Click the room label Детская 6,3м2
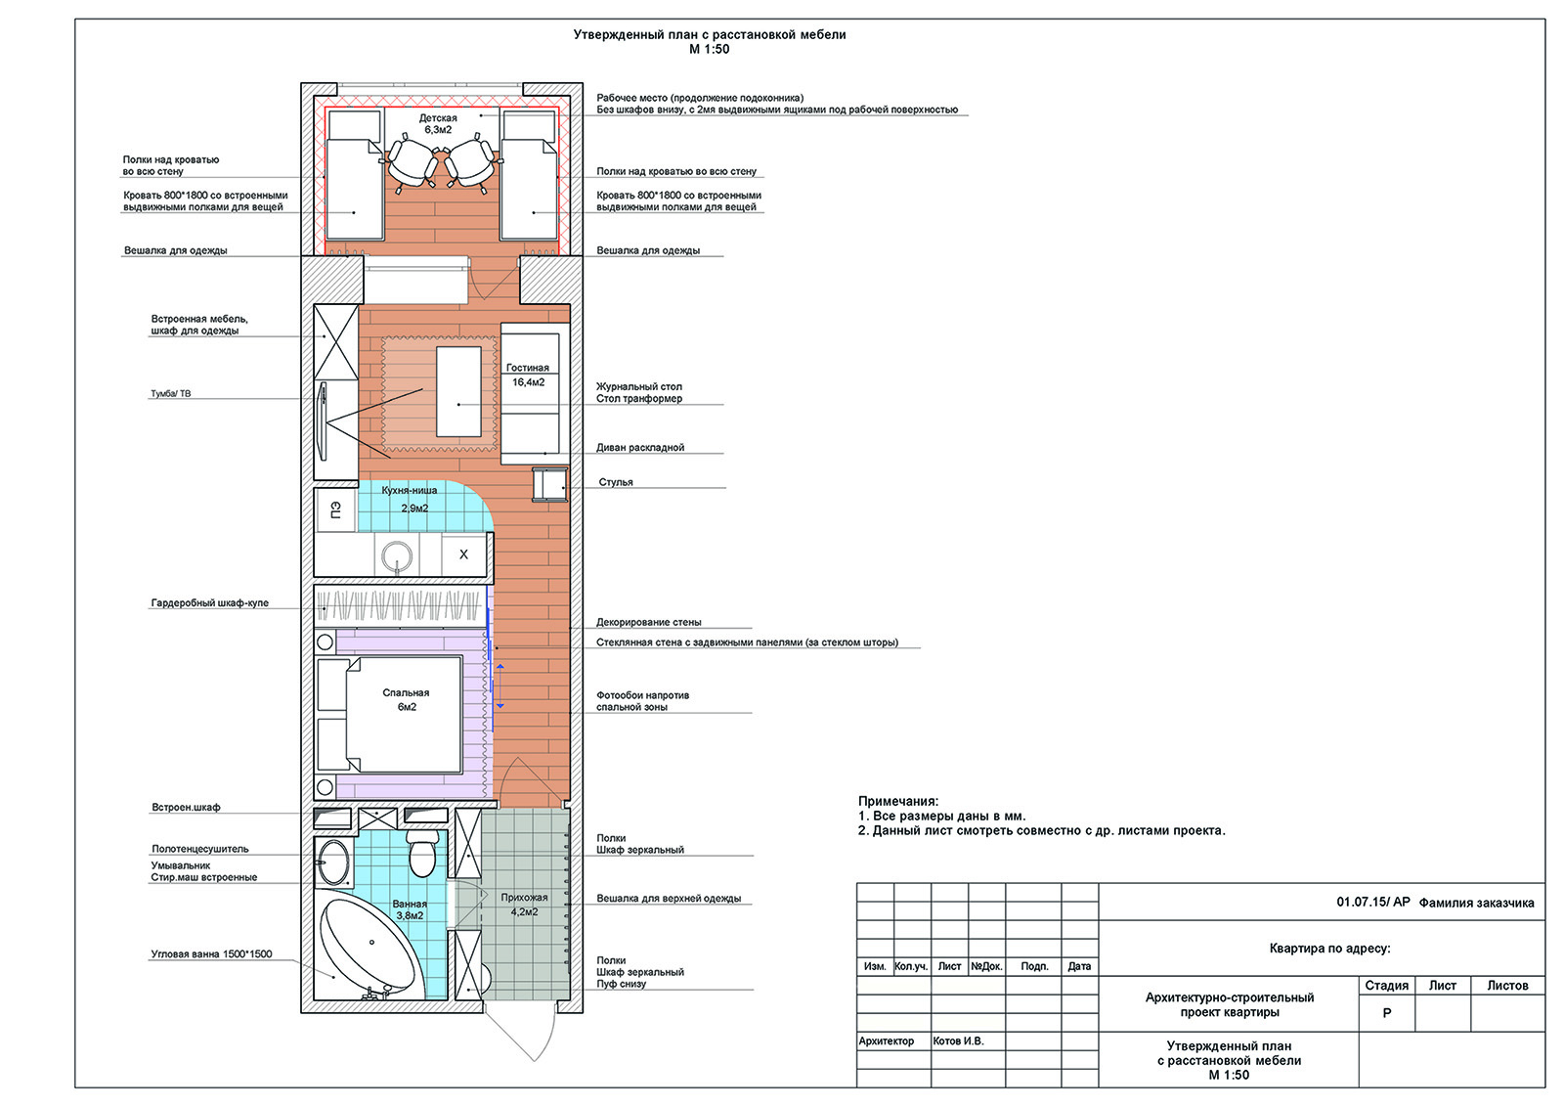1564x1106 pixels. coord(438,123)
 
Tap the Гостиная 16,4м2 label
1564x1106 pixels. coord(528,375)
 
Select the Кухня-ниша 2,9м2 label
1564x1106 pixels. coord(410,499)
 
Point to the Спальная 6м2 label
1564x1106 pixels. coord(406,699)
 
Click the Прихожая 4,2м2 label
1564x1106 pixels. coord(524,905)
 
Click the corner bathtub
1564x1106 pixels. coord(371,947)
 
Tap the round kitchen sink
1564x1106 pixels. coord(397,557)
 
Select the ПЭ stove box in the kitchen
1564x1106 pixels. coord(336,510)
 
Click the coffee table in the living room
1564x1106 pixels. coord(458,391)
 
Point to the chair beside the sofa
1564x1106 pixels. coord(550,484)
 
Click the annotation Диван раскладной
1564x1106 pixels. coord(640,447)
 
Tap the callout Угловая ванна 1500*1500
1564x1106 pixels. coord(211,953)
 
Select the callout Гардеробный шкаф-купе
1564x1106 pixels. coord(209,603)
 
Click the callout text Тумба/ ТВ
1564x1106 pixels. coord(170,393)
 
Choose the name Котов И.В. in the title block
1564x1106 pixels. coord(958,1040)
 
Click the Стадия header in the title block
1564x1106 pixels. coord(1387,985)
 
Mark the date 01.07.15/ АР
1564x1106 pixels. coord(1373,902)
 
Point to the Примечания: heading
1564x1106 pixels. coord(898,801)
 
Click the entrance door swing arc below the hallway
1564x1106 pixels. coord(544,1042)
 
